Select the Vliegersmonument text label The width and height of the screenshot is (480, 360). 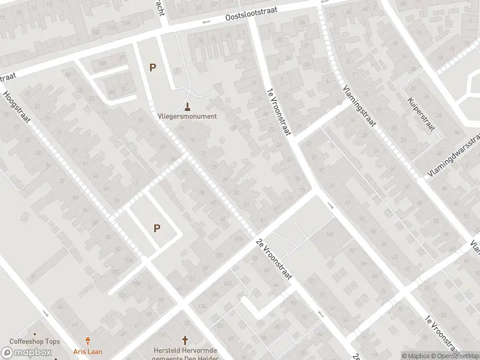click(187, 116)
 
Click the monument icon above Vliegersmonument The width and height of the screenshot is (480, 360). click(188, 107)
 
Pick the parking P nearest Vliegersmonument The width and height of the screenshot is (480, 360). click(153, 68)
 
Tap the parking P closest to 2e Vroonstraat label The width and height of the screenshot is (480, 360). click(157, 228)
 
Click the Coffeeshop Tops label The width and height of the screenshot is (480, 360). click(34, 342)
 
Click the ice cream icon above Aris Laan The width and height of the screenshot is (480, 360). click(88, 340)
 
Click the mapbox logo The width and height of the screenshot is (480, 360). click(26, 352)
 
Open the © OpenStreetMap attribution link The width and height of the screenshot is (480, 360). click(453, 356)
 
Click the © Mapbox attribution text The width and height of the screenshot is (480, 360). click(416, 356)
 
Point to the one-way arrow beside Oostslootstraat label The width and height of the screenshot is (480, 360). click(206, 23)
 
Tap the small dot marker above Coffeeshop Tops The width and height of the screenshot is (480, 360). click(35, 334)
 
